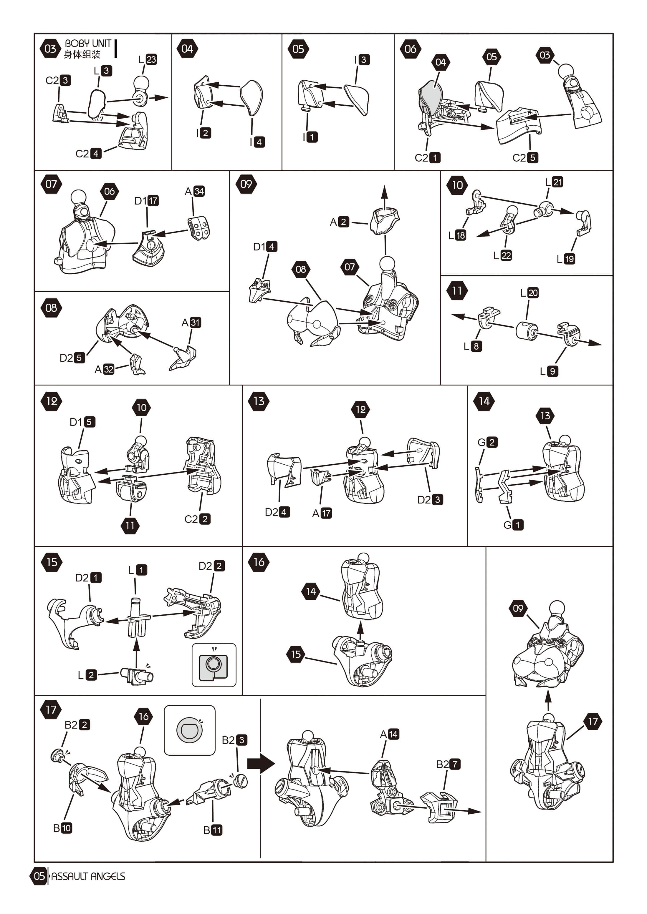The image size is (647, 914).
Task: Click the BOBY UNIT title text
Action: [88, 43]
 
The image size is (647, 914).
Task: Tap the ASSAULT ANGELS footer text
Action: [88, 876]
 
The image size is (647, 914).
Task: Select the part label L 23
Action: [148, 59]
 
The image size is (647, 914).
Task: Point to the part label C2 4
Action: [88, 153]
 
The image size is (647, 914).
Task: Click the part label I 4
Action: [257, 142]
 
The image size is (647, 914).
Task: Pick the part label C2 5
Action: [525, 158]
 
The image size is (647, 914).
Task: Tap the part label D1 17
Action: [147, 201]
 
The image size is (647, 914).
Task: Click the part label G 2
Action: [488, 442]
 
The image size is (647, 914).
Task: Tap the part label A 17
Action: [322, 513]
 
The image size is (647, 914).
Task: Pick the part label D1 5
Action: [82, 422]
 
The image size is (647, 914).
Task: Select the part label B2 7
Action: [449, 764]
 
